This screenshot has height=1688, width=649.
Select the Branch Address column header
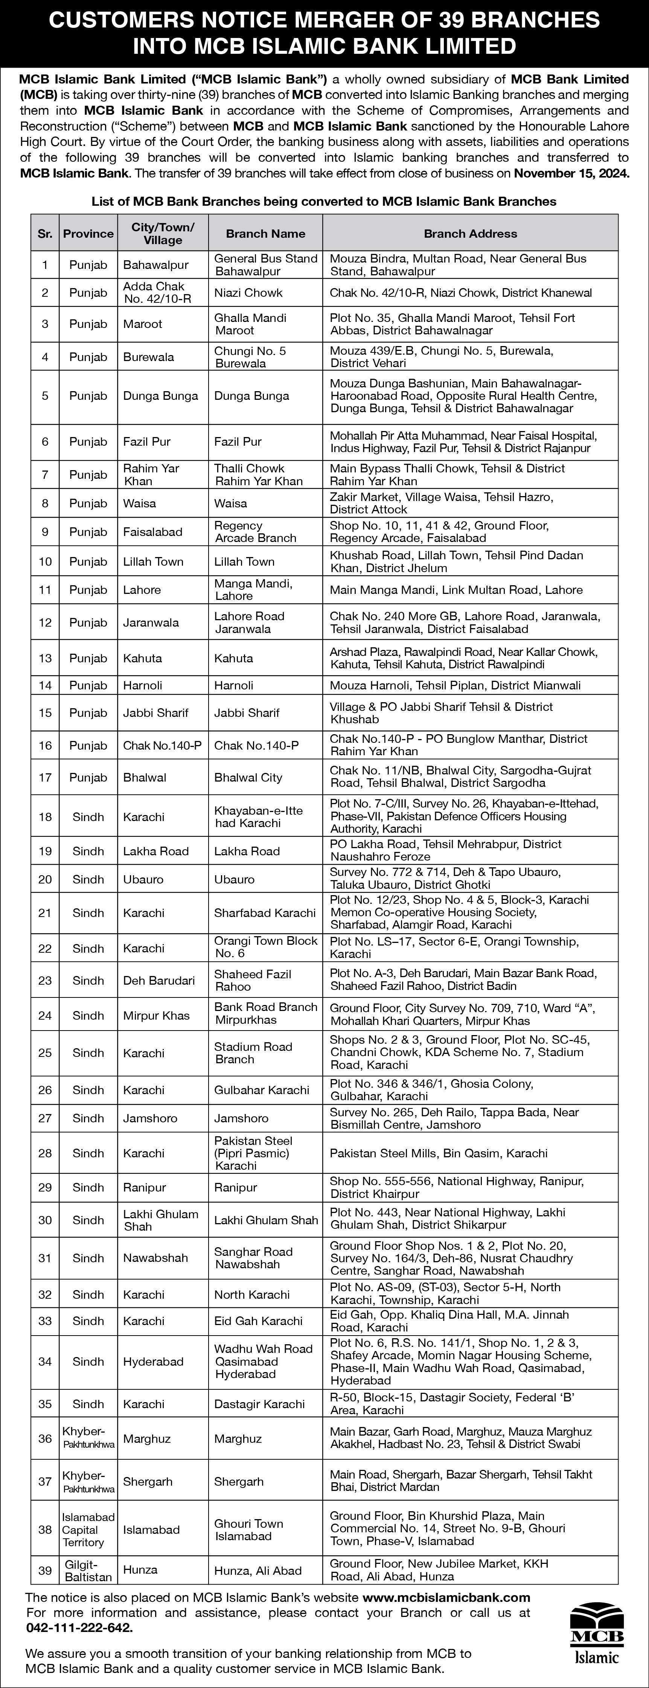(x=470, y=233)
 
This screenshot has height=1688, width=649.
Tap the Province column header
(x=88, y=233)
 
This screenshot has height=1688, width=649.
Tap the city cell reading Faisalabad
(x=153, y=531)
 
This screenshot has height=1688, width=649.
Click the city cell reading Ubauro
(x=143, y=879)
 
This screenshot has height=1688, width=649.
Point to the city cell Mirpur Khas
(x=157, y=1015)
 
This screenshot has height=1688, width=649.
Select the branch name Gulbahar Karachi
(x=262, y=1090)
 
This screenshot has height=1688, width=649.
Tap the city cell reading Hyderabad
(x=153, y=1361)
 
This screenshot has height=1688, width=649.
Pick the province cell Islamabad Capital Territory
(x=88, y=1529)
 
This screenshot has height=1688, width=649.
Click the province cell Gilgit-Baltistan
(x=88, y=1570)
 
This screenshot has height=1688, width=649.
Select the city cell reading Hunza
(x=140, y=1570)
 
